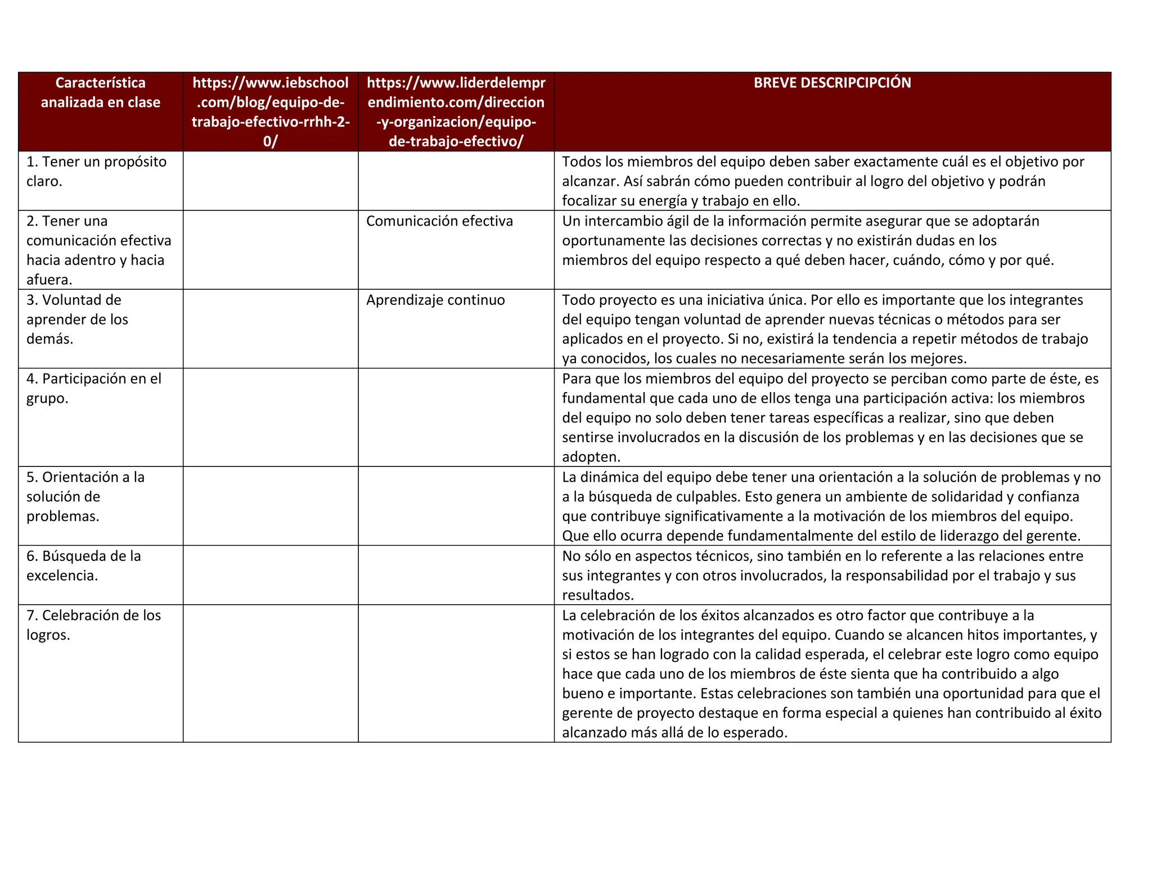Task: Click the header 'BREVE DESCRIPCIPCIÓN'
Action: tap(832, 83)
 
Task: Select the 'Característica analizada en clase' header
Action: tap(101, 92)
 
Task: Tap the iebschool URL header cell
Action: tap(270, 111)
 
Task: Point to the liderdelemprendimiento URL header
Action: tap(456, 111)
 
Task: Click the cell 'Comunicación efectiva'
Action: tap(439, 221)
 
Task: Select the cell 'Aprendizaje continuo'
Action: tap(435, 300)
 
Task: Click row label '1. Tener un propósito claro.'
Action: tap(96, 171)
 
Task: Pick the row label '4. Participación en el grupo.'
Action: tap(93, 388)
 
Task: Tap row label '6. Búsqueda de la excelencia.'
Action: tap(83, 565)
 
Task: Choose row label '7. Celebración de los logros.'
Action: tap(93, 625)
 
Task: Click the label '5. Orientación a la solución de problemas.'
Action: tap(85, 496)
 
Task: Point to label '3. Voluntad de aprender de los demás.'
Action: tap(77, 319)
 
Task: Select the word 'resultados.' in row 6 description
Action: tap(598, 595)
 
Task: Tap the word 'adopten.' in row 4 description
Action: tap(591, 457)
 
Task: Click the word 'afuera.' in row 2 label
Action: tap(49, 280)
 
